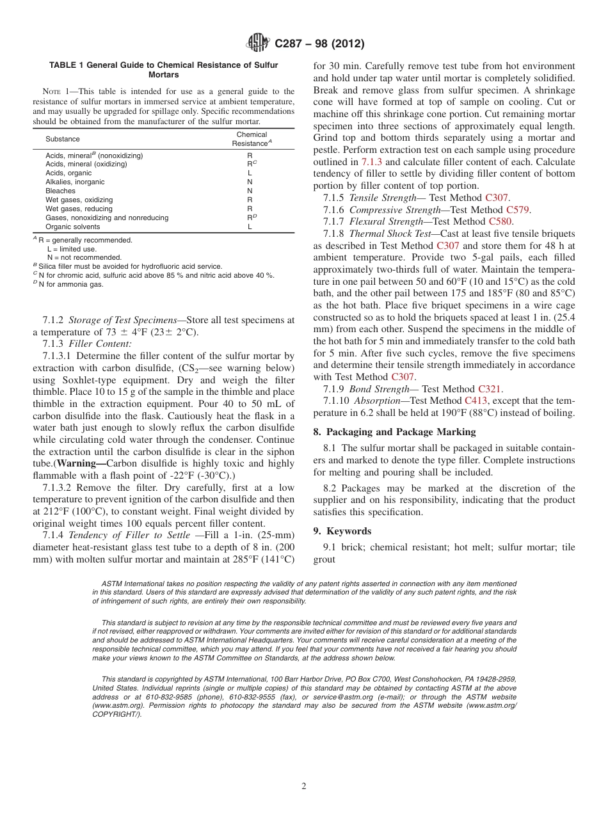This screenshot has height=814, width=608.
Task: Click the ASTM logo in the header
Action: click(x=259, y=43)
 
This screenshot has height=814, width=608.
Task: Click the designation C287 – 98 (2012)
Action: click(x=319, y=44)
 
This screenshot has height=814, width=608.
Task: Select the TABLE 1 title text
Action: click(x=164, y=70)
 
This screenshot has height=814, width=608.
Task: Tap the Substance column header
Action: click(x=63, y=139)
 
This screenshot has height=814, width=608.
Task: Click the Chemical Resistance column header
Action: click(x=252, y=139)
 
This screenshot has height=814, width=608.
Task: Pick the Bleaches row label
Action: click(x=60, y=191)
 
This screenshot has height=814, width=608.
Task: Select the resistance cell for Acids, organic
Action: click(x=250, y=173)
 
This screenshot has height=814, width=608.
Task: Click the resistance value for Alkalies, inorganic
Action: click(x=250, y=182)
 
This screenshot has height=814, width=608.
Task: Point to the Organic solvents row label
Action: click(x=72, y=227)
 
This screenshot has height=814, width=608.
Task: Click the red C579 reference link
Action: click(x=518, y=209)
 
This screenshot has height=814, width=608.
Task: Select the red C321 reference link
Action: click(x=490, y=388)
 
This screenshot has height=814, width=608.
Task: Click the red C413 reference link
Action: click(x=476, y=401)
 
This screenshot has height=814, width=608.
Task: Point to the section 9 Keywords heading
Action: click(x=342, y=531)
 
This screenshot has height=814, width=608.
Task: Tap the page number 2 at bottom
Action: click(x=304, y=786)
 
